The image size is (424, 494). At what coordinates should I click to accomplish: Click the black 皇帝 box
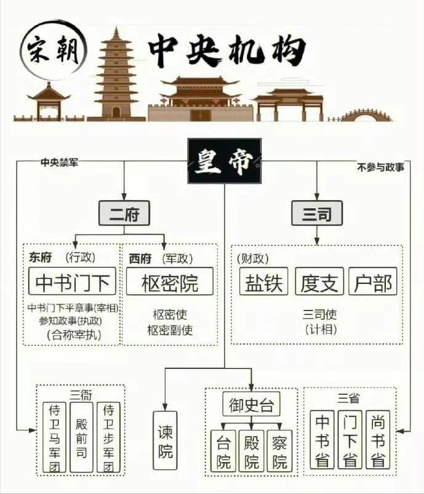coord(224,161)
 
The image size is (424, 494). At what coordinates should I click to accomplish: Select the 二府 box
coord(124,214)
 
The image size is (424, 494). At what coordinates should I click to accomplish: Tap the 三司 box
coord(316,214)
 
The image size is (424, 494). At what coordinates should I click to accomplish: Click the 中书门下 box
coord(73,283)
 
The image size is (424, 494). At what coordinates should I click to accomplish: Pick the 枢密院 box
coord(169,283)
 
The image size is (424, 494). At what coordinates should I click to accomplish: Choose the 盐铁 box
coord(263,282)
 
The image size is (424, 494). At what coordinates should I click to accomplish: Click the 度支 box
coord(318,282)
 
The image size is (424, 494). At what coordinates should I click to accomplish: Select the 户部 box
coord(373,282)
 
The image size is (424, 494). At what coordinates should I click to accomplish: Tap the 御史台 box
coord(251,405)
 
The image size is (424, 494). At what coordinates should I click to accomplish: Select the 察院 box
coord(279,452)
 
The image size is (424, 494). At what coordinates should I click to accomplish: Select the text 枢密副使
coord(169,330)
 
